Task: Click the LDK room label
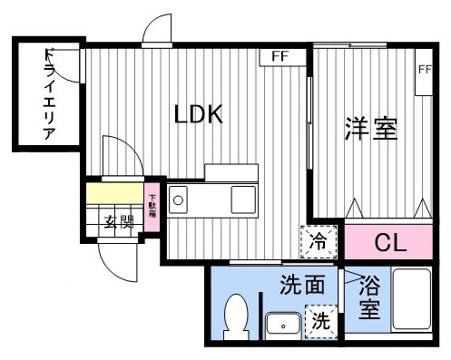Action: (x=199, y=114)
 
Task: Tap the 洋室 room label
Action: (x=370, y=130)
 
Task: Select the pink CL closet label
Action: (x=389, y=242)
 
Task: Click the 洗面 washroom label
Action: (x=301, y=285)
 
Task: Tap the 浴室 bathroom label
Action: (x=370, y=297)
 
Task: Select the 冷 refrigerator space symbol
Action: (x=319, y=242)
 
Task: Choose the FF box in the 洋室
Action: (x=424, y=70)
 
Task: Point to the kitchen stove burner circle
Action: (x=179, y=199)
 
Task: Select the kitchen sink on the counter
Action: (x=243, y=198)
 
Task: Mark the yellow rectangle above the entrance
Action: (x=114, y=194)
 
